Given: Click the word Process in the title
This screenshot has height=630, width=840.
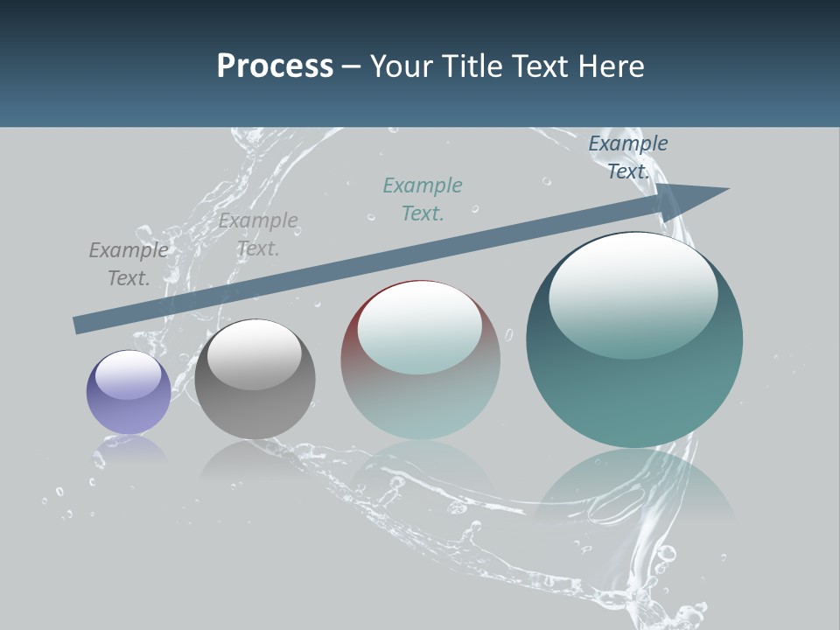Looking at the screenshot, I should (x=275, y=66).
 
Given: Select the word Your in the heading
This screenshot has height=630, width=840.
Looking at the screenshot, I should (x=402, y=66).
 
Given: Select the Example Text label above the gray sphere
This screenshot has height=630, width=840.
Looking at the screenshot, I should (x=258, y=234).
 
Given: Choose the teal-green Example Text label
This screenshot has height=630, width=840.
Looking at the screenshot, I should (x=423, y=199).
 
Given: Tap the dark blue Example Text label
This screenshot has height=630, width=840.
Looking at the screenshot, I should (x=627, y=157).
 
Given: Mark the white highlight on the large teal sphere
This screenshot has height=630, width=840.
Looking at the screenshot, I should (x=633, y=293).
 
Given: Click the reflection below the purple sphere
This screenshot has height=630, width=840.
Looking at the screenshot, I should (x=129, y=451).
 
